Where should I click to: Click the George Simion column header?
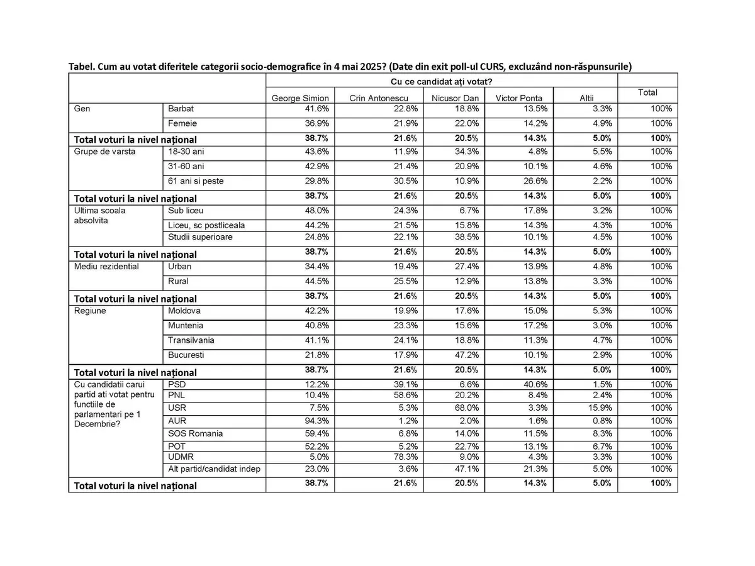click(300, 98)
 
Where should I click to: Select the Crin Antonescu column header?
click(379, 98)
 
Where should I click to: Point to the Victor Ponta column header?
click(519, 98)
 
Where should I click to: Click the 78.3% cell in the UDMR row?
click(406, 457)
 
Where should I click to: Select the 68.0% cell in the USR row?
click(468, 408)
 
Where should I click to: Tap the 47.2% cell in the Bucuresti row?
click(468, 355)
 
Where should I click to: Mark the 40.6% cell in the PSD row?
click(535, 384)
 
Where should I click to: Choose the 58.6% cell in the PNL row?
click(406, 395)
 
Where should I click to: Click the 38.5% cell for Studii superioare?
click(468, 237)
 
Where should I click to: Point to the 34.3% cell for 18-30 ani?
click(468, 152)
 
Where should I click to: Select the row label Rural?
click(178, 281)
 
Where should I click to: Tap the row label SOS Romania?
click(196, 433)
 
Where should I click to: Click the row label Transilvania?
click(191, 340)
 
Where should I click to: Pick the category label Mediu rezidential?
click(106, 267)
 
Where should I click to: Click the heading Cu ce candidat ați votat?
click(441, 81)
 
